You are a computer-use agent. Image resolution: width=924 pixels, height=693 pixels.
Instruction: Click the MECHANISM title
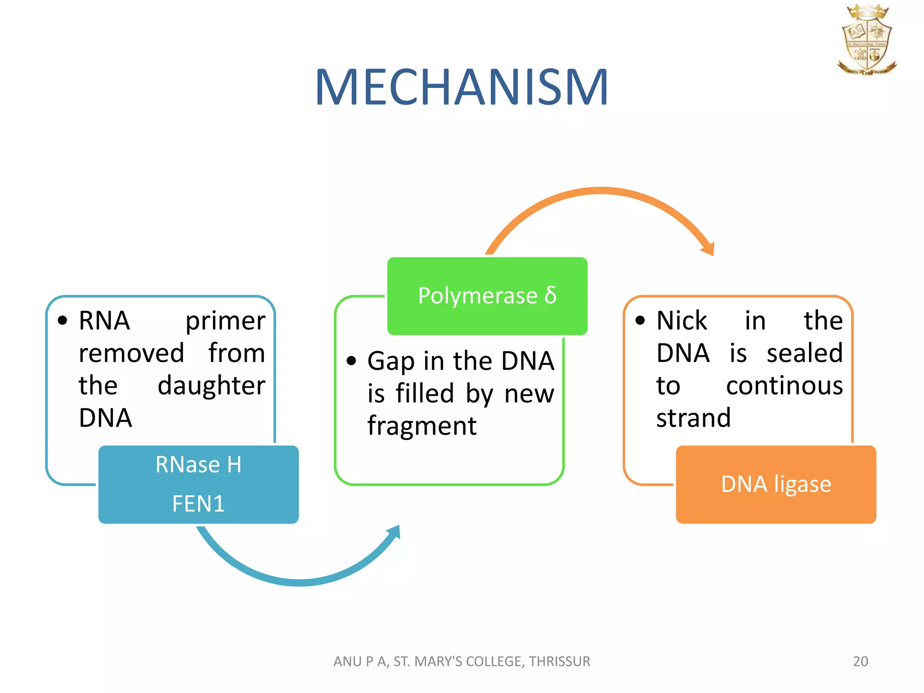pyautogui.click(x=462, y=87)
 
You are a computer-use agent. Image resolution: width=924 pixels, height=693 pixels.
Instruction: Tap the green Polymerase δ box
pyautogui.click(x=487, y=296)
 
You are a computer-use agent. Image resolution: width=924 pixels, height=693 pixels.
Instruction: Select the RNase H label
pyautogui.click(x=199, y=465)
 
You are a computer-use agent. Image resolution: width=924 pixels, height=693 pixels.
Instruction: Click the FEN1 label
pyautogui.click(x=199, y=504)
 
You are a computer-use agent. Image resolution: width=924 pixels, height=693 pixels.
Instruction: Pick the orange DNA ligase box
pyautogui.click(x=776, y=485)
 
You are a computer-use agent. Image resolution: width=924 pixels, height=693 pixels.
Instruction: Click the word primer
pyautogui.click(x=225, y=321)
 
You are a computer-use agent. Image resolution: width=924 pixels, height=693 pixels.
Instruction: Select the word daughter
pyautogui.click(x=211, y=386)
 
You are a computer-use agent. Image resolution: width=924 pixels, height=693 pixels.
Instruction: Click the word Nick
pyautogui.click(x=682, y=321)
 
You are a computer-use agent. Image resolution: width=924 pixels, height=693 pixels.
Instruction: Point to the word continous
pyautogui.click(x=784, y=386)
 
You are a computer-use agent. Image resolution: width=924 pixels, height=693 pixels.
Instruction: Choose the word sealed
pyautogui.click(x=804, y=353)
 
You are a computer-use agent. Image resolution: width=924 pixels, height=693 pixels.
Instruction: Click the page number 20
pyautogui.click(x=860, y=661)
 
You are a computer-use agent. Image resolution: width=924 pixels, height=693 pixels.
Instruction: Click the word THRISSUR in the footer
pyautogui.click(x=559, y=661)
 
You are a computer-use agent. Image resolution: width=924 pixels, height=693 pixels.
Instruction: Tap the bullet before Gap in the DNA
pyautogui.click(x=351, y=361)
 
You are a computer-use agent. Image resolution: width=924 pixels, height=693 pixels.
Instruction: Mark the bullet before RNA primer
pyautogui.click(x=63, y=321)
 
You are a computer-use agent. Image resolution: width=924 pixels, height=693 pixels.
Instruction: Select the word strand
pyautogui.click(x=693, y=418)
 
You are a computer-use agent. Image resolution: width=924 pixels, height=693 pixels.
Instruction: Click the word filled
pyautogui.click(x=425, y=393)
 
